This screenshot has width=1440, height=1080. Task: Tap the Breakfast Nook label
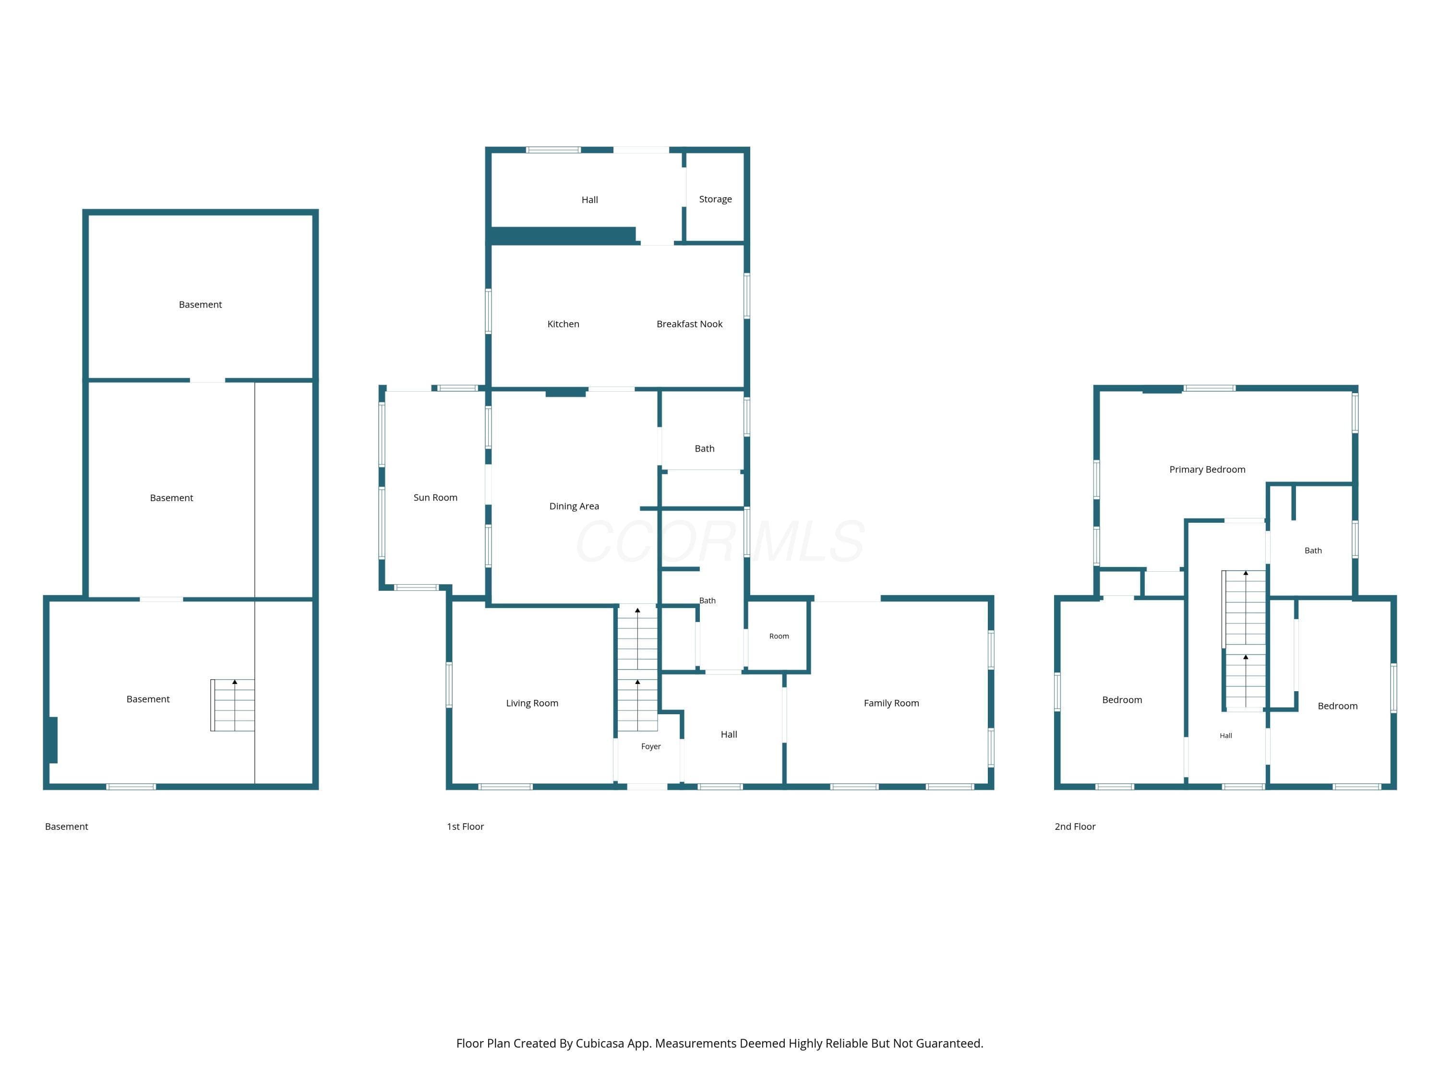pyautogui.click(x=689, y=324)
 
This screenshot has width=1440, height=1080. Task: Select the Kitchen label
pyautogui.click(x=563, y=324)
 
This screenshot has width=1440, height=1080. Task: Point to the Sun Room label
pyautogui.click(x=435, y=497)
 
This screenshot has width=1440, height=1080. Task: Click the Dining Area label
pyautogui.click(x=574, y=506)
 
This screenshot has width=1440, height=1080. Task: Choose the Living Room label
pyautogui.click(x=532, y=703)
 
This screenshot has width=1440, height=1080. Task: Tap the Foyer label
pyautogui.click(x=651, y=747)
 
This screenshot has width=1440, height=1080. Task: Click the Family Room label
pyautogui.click(x=891, y=703)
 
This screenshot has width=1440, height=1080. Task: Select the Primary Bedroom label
pyautogui.click(x=1207, y=469)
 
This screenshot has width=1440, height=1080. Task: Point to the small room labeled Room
pyautogui.click(x=779, y=636)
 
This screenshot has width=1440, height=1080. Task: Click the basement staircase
pyautogui.click(x=232, y=705)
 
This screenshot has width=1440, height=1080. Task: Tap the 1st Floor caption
pyautogui.click(x=466, y=827)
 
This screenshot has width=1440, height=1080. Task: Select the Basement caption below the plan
pyautogui.click(x=66, y=827)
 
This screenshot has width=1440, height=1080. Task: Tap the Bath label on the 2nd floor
pyautogui.click(x=1313, y=551)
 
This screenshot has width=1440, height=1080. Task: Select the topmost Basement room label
pyautogui.click(x=201, y=305)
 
